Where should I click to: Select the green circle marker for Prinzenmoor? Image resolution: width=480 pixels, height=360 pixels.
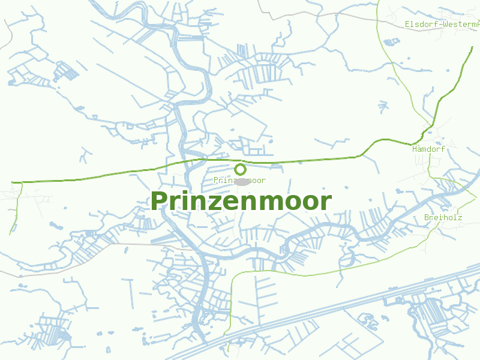tap(240, 169)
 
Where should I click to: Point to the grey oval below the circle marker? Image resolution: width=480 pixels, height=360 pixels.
tap(241, 182)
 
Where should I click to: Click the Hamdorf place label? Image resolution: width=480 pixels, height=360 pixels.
tap(428, 148)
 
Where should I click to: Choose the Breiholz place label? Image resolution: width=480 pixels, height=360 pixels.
tap(443, 217)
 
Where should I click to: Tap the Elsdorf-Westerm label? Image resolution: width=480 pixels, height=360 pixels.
tap(442, 24)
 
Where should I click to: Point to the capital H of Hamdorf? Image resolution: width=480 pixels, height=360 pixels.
tap(415, 148)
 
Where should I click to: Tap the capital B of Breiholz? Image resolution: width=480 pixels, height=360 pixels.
tap(427, 217)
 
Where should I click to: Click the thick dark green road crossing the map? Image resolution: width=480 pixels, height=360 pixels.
tap(120, 174)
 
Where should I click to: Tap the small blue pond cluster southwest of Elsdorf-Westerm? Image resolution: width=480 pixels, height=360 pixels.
tap(392, 42)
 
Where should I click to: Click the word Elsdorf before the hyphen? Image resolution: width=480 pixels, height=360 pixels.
tap(420, 24)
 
